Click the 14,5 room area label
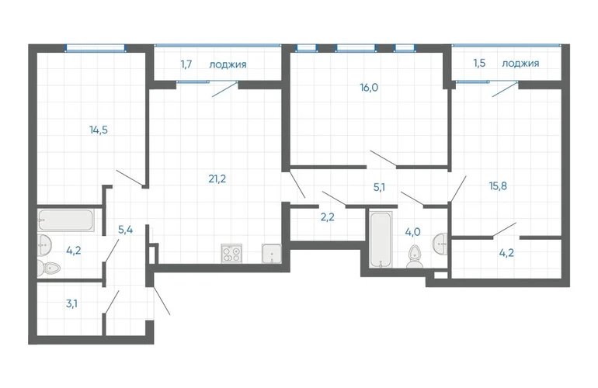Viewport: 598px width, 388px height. pyautogui.click(x=99, y=130)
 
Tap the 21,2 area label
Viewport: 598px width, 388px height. pyautogui.click(x=217, y=178)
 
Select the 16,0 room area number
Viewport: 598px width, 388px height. pyautogui.click(x=369, y=88)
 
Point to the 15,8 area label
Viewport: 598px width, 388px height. pyautogui.click(x=498, y=186)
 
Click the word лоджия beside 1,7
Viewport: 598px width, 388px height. pyautogui.click(x=228, y=64)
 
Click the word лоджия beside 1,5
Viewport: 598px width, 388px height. pyautogui.click(x=520, y=64)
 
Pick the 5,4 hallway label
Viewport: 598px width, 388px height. pyautogui.click(x=126, y=230)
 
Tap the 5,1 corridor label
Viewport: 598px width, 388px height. pyautogui.click(x=379, y=187)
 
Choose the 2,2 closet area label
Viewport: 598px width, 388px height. pyautogui.click(x=327, y=217)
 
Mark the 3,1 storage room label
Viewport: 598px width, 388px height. pyautogui.click(x=71, y=303)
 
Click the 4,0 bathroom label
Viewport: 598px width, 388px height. pyautogui.click(x=412, y=231)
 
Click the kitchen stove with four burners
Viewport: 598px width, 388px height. pyautogui.click(x=231, y=254)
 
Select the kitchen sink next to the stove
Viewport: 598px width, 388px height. pyautogui.click(x=272, y=254)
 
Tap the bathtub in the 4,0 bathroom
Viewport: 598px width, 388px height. pyautogui.click(x=381, y=240)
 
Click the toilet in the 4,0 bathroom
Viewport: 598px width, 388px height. pyautogui.click(x=413, y=257)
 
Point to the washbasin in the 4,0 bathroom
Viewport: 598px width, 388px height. pyautogui.click(x=440, y=241)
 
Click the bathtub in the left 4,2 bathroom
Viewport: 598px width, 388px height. pyautogui.click(x=66, y=220)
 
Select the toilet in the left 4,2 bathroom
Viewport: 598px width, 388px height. pyautogui.click(x=48, y=268)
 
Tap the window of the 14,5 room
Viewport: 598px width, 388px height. pyautogui.click(x=96, y=48)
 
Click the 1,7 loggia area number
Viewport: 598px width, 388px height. pyautogui.click(x=186, y=64)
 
